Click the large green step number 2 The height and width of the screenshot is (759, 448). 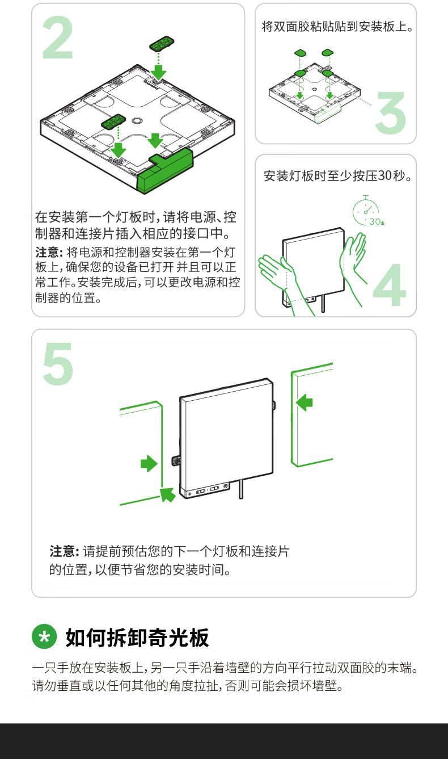(x=58, y=38)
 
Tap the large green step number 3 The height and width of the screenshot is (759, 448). (x=391, y=112)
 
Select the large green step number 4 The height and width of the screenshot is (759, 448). (x=390, y=284)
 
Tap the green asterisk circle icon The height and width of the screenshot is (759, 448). (x=44, y=636)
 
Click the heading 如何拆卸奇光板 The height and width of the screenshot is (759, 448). (x=137, y=638)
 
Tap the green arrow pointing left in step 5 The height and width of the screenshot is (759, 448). (x=304, y=402)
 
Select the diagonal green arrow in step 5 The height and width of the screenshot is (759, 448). (x=167, y=494)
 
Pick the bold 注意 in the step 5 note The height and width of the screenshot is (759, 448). (x=64, y=551)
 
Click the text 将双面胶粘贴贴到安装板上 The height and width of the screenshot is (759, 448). (x=337, y=27)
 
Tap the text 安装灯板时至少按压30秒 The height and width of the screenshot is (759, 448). (x=337, y=176)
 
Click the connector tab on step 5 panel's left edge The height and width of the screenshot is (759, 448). (x=176, y=460)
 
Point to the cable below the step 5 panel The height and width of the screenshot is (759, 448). (x=241, y=489)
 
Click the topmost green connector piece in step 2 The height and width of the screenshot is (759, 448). (x=162, y=44)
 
